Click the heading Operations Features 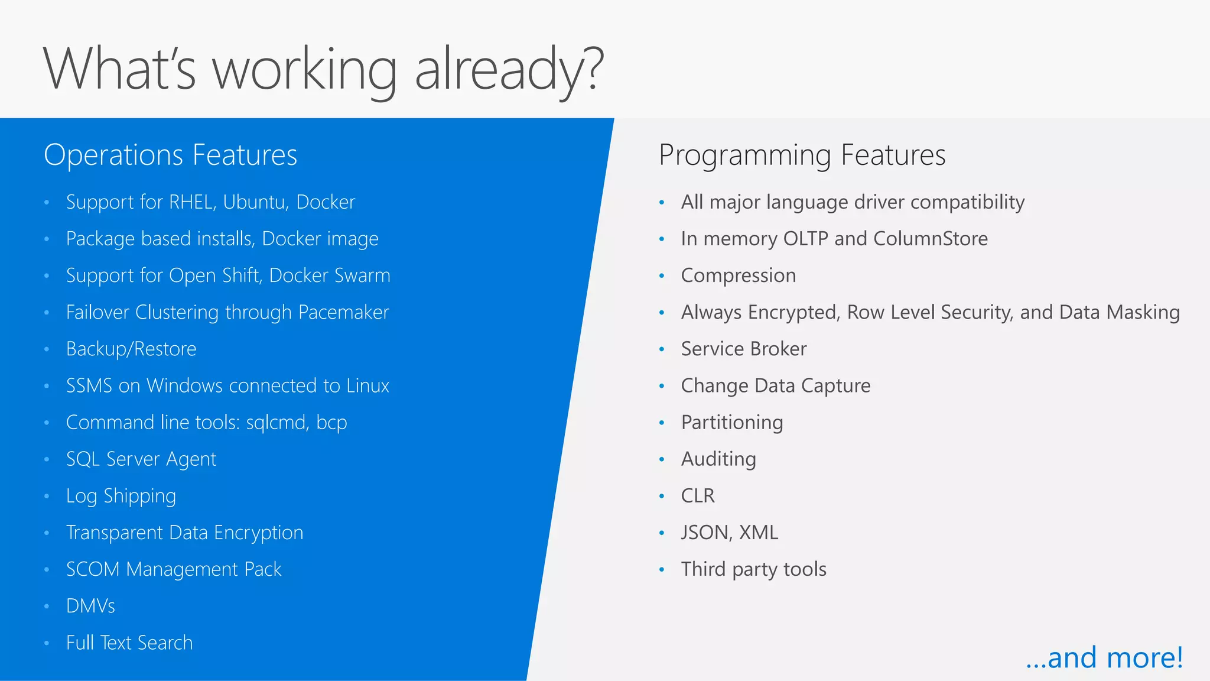pyautogui.click(x=170, y=155)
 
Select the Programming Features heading pyautogui.click(x=802, y=155)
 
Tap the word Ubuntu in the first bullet pyautogui.click(x=256, y=202)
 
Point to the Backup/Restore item pyautogui.click(x=131, y=349)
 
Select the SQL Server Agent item pyautogui.click(x=141, y=459)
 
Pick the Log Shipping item pyautogui.click(x=121, y=496)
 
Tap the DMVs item pyautogui.click(x=90, y=606)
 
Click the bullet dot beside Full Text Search pyautogui.click(x=47, y=643)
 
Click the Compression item pyautogui.click(x=739, y=275)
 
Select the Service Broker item pyautogui.click(x=743, y=349)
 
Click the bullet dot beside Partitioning pyautogui.click(x=662, y=423)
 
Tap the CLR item pyautogui.click(x=698, y=496)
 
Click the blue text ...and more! pyautogui.click(x=1104, y=658)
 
